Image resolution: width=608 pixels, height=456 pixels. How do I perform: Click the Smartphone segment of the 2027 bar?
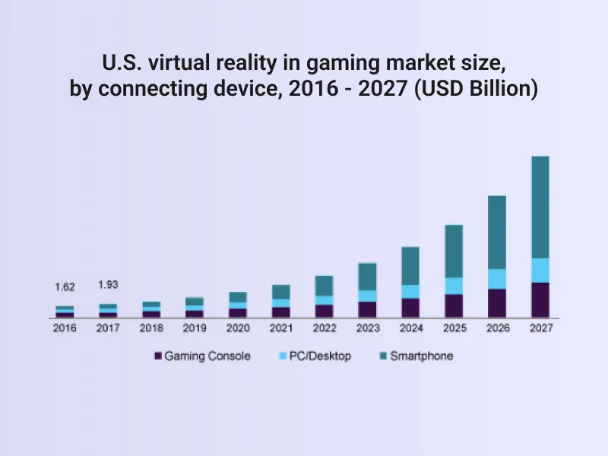(540, 207)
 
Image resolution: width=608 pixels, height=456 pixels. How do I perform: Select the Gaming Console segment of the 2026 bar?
(496, 302)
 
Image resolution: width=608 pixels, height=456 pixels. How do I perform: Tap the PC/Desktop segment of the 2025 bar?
(453, 286)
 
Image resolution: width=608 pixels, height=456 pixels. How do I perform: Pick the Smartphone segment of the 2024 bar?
(410, 266)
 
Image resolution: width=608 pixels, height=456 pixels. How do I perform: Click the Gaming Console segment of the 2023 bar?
(367, 309)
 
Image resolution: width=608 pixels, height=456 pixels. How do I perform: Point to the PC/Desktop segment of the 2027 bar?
(540, 270)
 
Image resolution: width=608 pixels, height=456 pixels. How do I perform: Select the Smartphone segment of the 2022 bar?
(324, 286)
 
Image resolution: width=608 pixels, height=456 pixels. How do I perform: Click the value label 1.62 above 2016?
(65, 287)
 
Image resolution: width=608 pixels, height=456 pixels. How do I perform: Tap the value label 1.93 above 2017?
(108, 284)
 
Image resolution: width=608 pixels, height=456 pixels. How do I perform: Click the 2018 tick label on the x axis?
(151, 328)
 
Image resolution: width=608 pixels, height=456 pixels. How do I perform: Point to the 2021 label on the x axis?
(280, 328)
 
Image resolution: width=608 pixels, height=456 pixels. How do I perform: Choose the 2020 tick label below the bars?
(237, 328)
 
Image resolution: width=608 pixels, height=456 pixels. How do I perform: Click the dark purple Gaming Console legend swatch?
(158, 356)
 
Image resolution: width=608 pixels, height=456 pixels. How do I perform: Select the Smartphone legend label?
(421, 356)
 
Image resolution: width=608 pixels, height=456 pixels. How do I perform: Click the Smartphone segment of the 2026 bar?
(496, 233)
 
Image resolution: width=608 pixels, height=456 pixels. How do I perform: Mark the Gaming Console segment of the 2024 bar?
(410, 307)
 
